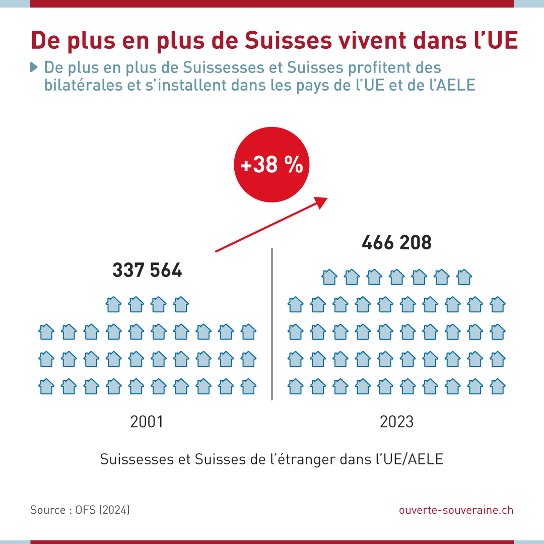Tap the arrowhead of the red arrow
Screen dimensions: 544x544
point(321,202)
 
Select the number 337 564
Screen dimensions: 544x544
point(147,271)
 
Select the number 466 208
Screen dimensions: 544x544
point(396,243)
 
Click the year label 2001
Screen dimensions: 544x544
point(147,421)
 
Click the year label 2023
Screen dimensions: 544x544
point(396,421)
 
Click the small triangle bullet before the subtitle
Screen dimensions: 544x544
point(34,66)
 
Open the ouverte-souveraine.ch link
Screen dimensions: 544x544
point(456,510)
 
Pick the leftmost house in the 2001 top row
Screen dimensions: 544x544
point(114,304)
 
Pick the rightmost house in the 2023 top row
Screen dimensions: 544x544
point(464,276)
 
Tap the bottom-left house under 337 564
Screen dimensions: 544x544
point(46,386)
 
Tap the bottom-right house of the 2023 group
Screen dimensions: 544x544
point(498,386)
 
